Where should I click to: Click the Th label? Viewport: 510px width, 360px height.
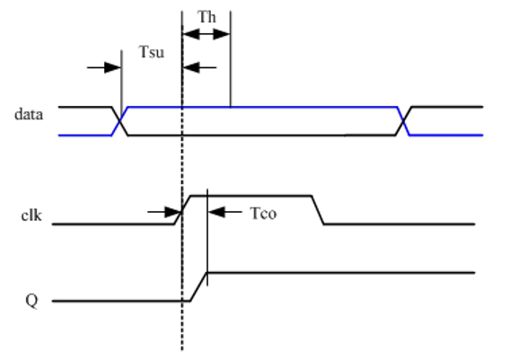pyautogui.click(x=207, y=17)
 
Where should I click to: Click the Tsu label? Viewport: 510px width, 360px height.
pyautogui.click(x=152, y=52)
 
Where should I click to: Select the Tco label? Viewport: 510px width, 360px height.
pyautogui.click(x=263, y=214)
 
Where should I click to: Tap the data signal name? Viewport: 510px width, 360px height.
pyautogui.click(x=29, y=114)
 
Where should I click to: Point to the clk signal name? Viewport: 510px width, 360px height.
pyautogui.click(x=31, y=215)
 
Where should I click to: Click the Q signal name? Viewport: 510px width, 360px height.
pyautogui.click(x=31, y=301)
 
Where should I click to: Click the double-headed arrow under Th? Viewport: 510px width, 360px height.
pyautogui.click(x=207, y=34)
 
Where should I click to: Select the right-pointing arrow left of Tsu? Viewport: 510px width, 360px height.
pyautogui.click(x=104, y=67)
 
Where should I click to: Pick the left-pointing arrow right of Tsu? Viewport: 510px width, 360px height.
pyautogui.click(x=199, y=67)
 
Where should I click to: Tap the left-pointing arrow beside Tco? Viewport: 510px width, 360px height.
pyautogui.click(x=224, y=212)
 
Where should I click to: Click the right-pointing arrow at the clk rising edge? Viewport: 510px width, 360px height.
pyautogui.click(x=164, y=212)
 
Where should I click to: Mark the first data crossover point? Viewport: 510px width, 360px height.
pyautogui.click(x=120, y=121)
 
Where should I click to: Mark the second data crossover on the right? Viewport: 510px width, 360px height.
pyautogui.click(x=403, y=121)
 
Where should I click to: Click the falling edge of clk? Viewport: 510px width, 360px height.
pyautogui.click(x=318, y=210)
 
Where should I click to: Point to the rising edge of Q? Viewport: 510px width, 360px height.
pyautogui.click(x=198, y=286)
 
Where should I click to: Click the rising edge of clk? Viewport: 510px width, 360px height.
pyautogui.click(x=182, y=210)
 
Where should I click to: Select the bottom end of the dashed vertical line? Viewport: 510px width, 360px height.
pyautogui.click(x=182, y=350)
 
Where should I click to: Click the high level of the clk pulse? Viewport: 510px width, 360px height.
pyautogui.click(x=251, y=196)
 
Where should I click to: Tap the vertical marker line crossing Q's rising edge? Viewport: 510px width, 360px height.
pyautogui.click(x=207, y=237)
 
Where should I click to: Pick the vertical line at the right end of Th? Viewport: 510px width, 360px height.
pyautogui.click(x=231, y=59)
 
